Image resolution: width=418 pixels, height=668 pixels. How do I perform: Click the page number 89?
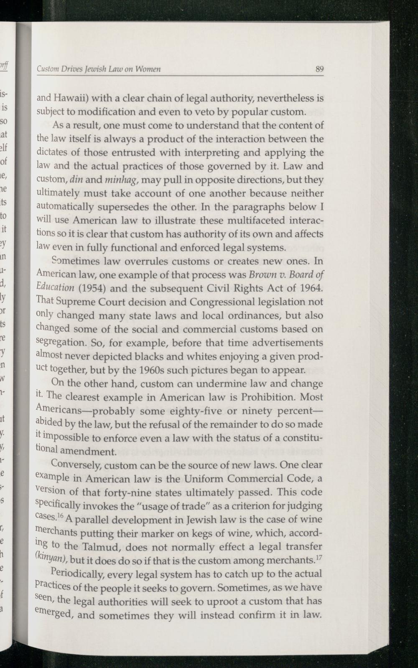coord(320,69)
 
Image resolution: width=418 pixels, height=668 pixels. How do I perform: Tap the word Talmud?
coord(102,547)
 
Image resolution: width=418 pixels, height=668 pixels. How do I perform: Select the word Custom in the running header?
coord(47,69)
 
